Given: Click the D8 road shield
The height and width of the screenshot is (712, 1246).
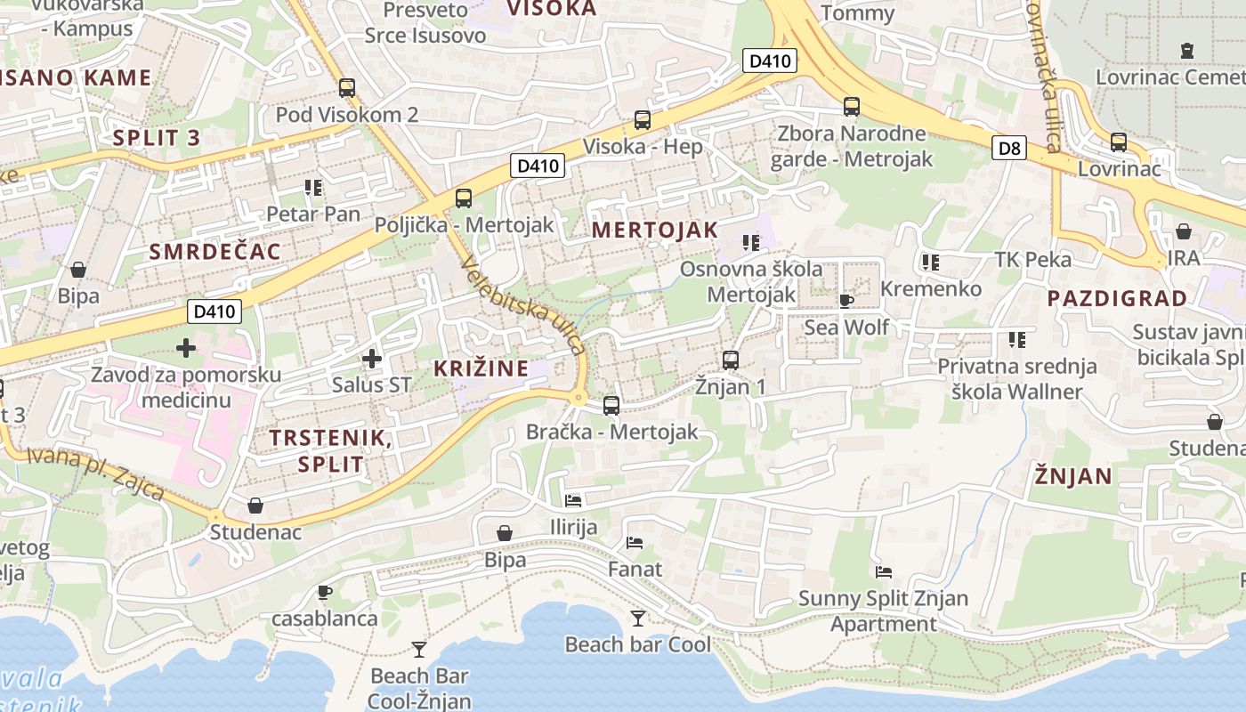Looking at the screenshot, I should coord(1010,148).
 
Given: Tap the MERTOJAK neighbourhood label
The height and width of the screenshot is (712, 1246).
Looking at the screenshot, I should coord(654,230).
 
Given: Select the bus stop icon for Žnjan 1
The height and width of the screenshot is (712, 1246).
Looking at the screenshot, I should coord(731,360).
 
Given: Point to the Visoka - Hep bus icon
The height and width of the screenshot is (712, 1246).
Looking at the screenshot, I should coord(642,120).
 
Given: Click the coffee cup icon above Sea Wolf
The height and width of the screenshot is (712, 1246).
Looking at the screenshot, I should coord(845,302).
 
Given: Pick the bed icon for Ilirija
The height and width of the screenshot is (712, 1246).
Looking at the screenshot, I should coord(573,501).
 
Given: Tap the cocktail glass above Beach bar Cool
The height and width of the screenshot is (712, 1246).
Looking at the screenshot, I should coord(638,618).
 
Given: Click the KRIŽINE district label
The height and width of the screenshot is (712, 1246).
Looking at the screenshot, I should coord(481,368).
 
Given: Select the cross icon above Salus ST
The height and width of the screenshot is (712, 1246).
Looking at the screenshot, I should coord(371,359).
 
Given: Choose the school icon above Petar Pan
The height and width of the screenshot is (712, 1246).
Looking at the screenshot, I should coord(312,188).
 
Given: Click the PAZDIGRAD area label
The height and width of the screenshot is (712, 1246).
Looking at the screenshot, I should coord(1117,298).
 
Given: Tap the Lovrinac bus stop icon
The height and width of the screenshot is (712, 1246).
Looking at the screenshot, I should coord(1119,142).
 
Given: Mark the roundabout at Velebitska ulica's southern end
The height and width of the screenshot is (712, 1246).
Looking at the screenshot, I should coord(580,398).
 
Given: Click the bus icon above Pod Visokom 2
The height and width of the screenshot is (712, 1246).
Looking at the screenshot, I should coord(347,88).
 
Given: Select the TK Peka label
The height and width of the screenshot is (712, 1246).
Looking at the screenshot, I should coord(1032,260).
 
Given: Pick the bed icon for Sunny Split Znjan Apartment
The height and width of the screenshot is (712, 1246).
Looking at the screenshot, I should coord(883,572).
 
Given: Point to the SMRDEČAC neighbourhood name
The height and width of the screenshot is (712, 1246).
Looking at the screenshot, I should coord(214,252).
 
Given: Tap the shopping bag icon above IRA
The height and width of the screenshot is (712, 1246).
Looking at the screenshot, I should coord(1184,232).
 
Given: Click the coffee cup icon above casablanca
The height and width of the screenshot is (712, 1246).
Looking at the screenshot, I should coord(325,592).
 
